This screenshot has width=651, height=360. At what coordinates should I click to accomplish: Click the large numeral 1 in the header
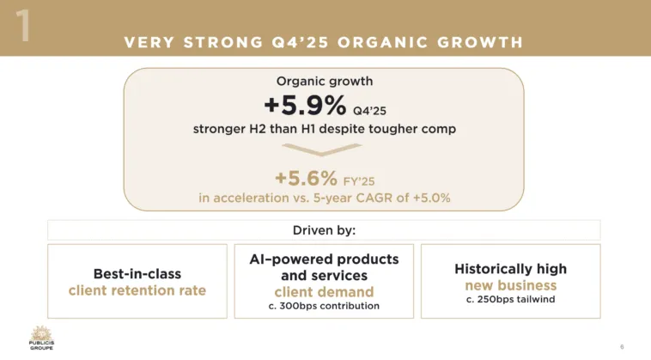[x=23, y=25]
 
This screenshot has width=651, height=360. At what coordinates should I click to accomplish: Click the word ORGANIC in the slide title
[x=383, y=42]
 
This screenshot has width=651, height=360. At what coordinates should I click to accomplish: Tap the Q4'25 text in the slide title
[x=301, y=42]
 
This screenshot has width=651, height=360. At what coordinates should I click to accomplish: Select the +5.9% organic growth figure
[x=305, y=105]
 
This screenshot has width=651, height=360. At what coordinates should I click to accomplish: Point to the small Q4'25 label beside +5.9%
[x=369, y=111]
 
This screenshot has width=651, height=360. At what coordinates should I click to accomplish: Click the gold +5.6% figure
[x=307, y=179]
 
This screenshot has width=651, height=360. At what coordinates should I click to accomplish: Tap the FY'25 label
[x=359, y=181]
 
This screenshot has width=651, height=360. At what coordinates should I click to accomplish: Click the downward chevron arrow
[x=322, y=149]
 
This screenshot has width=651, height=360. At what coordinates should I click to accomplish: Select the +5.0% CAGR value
[x=432, y=198]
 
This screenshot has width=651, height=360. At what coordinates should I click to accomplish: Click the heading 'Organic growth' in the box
[x=325, y=81]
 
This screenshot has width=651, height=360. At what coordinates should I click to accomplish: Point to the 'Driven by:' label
[x=325, y=230]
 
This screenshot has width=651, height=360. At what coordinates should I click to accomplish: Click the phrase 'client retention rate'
[x=137, y=290]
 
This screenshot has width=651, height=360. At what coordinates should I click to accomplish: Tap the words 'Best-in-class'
[x=137, y=273]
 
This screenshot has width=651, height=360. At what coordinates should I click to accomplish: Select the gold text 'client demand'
[x=325, y=292]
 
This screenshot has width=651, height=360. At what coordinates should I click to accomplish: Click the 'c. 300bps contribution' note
[x=324, y=306]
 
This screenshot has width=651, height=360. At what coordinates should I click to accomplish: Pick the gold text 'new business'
[x=511, y=285]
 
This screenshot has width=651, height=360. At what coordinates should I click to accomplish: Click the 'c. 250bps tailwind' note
[x=511, y=299]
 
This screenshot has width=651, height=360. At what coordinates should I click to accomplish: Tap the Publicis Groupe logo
[x=41, y=338]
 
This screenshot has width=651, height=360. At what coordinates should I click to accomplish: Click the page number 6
[x=622, y=347]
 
